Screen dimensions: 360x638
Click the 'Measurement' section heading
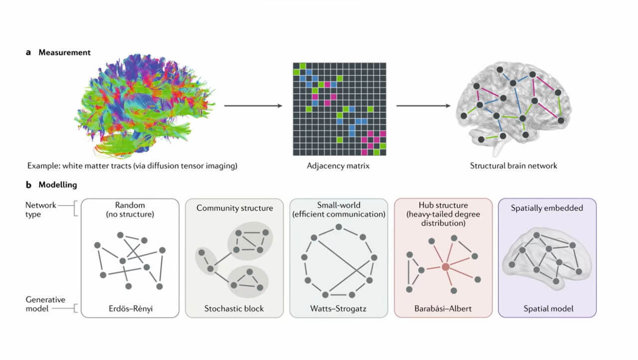[64, 52]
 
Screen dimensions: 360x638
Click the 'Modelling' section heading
[58, 184]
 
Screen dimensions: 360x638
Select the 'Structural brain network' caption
[513, 166]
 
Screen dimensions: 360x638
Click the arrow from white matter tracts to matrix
[253, 106]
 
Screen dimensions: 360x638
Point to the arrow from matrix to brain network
[424, 106]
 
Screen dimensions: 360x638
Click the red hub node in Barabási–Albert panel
[446, 267]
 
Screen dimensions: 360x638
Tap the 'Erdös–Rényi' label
[130, 309]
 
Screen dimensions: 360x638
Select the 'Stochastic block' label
[234, 309]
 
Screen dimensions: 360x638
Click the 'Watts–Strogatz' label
[338, 309]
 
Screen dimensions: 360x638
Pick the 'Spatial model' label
[547, 309]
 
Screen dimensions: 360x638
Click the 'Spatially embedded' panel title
[547, 208]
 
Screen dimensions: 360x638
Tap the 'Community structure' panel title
[235, 208]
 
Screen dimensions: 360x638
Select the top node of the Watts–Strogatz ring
[339, 227]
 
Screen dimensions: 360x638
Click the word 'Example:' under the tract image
[43, 166]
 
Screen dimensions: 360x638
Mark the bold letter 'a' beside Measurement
[28, 52]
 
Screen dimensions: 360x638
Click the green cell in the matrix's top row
[302, 66]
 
